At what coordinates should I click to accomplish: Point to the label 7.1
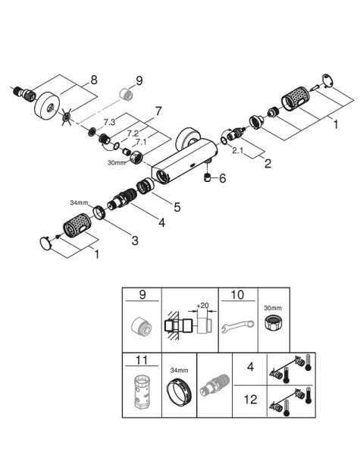(140, 141)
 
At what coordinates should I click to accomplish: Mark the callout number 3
(134, 240)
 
